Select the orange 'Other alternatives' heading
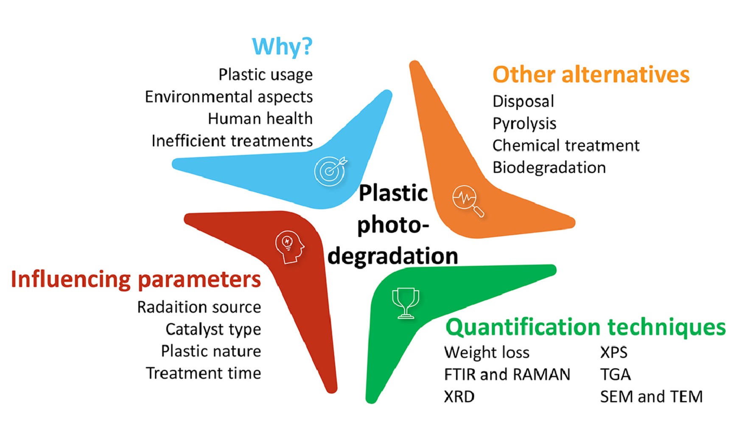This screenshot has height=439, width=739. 591,75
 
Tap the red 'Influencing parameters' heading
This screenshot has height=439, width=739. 136,279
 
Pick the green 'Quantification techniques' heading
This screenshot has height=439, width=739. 585,327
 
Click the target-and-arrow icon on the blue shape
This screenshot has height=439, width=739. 330,171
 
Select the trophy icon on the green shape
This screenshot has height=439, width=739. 406,303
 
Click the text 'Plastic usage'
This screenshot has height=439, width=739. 266,75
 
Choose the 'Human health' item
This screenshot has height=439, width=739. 260,119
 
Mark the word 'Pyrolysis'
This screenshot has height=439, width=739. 524,124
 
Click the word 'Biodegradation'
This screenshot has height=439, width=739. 549,168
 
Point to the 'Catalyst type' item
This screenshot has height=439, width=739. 213,329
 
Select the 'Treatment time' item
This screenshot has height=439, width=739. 203,374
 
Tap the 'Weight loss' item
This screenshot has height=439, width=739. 487,353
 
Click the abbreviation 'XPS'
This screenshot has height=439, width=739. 613,353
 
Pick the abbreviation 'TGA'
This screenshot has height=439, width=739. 615,375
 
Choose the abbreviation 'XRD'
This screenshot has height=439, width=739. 459,397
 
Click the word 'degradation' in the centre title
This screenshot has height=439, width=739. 393,256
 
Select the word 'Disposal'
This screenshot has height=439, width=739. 523,101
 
